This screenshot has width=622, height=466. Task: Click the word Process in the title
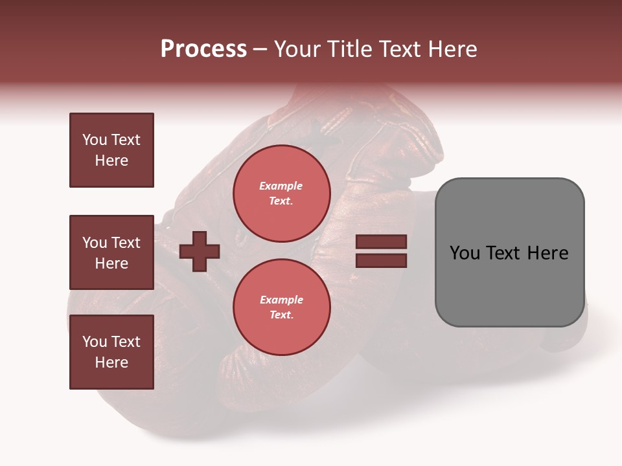pos(203,49)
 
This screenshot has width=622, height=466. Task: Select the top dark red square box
pos(111,150)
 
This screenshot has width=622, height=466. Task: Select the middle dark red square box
pos(111,252)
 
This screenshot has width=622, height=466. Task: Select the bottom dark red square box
pos(111,352)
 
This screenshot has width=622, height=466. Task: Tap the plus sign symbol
pos(200,251)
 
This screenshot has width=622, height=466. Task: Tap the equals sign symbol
pos(381,251)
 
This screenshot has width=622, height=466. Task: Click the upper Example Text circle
pos(281,194)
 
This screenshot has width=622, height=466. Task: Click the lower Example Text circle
pos(281,307)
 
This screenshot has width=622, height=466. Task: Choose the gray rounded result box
pos(509,252)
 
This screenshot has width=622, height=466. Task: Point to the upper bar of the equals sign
pos(381,242)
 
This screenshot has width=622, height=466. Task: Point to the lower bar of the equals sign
pos(381,260)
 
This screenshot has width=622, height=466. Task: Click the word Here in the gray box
pos(548,253)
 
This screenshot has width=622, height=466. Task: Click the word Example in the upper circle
pos(281,186)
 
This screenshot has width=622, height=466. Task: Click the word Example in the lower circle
pos(281,300)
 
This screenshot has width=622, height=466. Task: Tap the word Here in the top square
pos(111,161)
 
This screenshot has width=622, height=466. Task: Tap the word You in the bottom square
pos(95,342)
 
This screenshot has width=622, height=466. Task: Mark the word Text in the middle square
pos(126,243)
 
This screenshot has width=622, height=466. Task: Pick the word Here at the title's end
pos(450,49)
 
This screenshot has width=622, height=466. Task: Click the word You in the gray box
pos(465,253)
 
